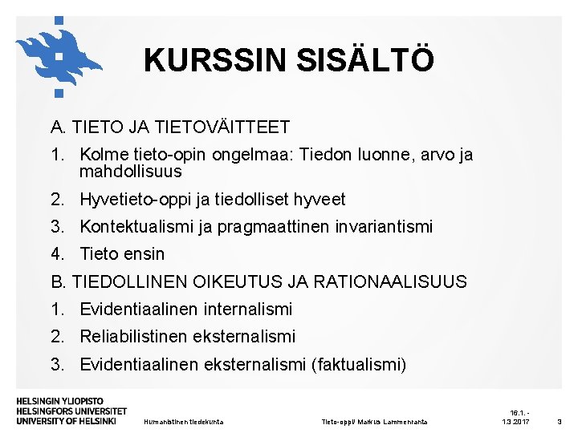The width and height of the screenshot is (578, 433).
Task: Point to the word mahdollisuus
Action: click(x=130, y=172)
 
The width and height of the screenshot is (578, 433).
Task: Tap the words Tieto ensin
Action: click(x=122, y=254)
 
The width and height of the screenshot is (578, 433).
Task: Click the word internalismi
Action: click(x=248, y=310)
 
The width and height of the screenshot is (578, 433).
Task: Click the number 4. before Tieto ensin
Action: click(x=57, y=254)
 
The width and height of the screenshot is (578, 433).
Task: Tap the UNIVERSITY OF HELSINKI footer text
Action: click(x=66, y=420)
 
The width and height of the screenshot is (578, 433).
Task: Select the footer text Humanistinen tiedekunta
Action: click(x=182, y=422)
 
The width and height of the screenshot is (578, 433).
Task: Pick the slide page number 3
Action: click(x=560, y=422)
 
